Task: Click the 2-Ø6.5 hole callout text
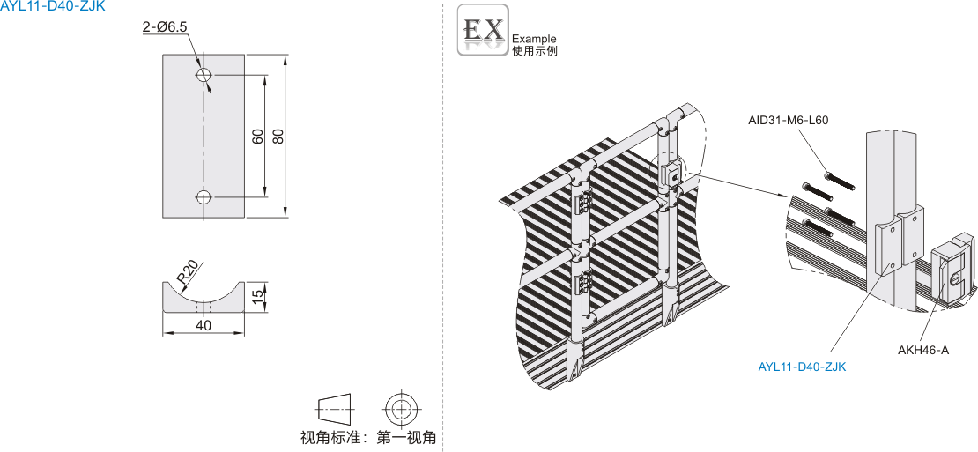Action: click(165, 27)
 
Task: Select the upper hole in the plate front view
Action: click(204, 75)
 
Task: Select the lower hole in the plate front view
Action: click(204, 196)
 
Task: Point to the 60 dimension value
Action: click(257, 137)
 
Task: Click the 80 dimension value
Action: click(278, 137)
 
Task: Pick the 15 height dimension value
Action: click(257, 298)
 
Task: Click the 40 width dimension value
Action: click(204, 326)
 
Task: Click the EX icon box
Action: click(482, 32)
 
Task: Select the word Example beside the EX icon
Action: click(534, 39)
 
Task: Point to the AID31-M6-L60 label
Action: click(789, 121)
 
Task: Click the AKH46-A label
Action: click(923, 350)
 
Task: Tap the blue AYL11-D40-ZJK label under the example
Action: click(802, 367)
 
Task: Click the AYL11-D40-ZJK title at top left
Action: click(53, 6)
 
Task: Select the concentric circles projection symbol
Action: click(401, 409)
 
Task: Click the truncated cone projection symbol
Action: click(333, 409)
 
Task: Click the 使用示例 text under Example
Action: click(534, 51)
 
